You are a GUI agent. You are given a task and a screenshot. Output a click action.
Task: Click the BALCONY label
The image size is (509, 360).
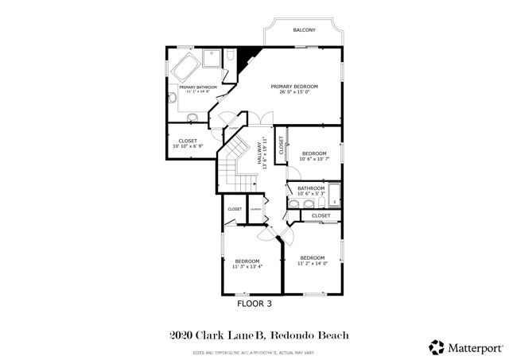304,30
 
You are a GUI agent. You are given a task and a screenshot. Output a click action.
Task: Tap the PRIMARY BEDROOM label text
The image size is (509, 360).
294,86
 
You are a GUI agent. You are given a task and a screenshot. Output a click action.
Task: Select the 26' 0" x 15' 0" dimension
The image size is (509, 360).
293,92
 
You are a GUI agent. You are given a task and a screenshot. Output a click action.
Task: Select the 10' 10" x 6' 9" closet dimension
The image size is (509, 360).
188,146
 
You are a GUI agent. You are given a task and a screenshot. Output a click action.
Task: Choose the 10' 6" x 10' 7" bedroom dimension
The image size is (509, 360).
314,159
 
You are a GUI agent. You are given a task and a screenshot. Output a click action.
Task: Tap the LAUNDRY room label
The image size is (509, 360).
255,209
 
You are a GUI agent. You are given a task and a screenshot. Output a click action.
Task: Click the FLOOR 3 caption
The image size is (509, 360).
255,303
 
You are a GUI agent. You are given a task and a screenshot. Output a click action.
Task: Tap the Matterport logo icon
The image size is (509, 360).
436,346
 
